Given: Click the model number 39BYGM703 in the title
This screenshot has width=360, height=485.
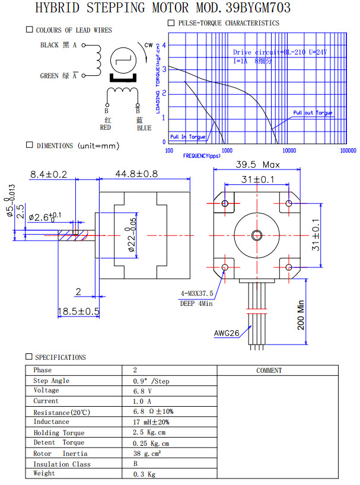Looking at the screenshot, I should (x=259, y=8).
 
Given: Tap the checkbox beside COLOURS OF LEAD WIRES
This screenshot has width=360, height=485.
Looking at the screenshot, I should (x=30, y=30).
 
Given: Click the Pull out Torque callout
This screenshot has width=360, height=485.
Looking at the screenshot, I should (x=313, y=113).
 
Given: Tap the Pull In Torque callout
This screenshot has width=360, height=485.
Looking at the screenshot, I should (x=187, y=137).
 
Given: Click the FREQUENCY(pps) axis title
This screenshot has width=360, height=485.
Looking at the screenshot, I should (x=201, y=156).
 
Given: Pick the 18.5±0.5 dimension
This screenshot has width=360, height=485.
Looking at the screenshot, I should (x=78, y=311).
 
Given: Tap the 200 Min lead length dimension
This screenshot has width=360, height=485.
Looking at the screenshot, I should (x=301, y=314).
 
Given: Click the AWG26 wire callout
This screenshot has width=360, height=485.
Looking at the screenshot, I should (x=226, y=333).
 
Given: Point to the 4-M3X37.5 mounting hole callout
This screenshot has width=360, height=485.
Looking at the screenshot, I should (x=197, y=293).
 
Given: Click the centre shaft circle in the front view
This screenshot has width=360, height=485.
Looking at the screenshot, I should (x=257, y=235).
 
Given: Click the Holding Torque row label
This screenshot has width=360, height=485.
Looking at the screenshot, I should (x=59, y=433).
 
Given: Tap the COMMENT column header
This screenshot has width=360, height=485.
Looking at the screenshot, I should (x=269, y=370).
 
